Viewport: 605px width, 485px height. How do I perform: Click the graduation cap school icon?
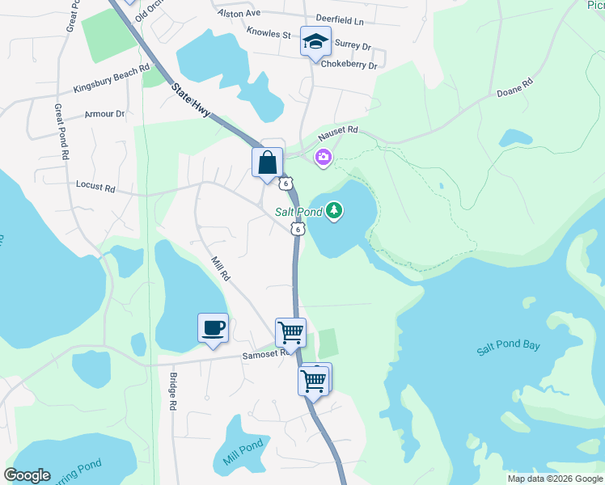[x=315, y=42]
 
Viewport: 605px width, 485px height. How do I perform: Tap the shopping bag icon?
[x=268, y=162]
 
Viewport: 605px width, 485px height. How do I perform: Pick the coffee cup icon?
[x=213, y=328]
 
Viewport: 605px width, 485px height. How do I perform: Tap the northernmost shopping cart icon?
[x=290, y=331]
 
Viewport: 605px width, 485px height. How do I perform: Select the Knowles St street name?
[x=269, y=34]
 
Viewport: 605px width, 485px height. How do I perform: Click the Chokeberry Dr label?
[x=349, y=65]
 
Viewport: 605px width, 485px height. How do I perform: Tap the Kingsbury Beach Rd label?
[x=112, y=78]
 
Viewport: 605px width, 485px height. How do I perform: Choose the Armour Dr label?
[x=105, y=115]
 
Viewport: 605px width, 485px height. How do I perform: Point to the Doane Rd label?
[x=515, y=88]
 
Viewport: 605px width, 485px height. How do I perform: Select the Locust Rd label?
[x=95, y=187]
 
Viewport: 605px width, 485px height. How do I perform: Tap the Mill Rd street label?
[x=221, y=268]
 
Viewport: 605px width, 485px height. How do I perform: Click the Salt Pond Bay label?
[x=508, y=346]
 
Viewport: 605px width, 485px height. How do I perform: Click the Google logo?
[x=27, y=475]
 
